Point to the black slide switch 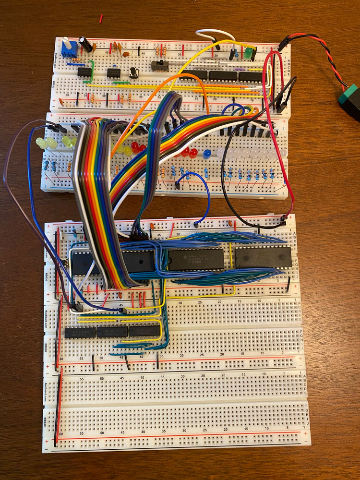pos(157,65)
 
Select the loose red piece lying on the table pos(101,19)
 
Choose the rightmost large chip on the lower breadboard pos(263,257)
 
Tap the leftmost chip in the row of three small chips pos(80,332)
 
